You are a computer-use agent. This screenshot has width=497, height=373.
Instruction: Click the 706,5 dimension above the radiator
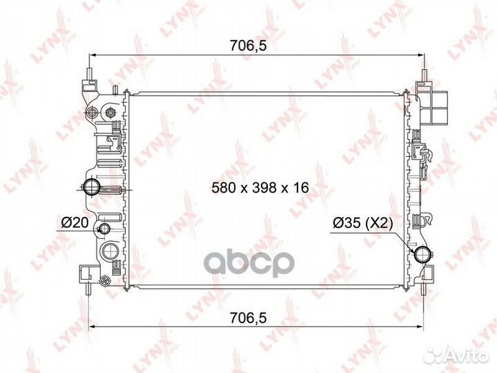point(248,46)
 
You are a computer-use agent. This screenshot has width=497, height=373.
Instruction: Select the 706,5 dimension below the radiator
point(248,318)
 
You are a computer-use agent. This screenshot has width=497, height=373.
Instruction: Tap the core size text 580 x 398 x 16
point(260,188)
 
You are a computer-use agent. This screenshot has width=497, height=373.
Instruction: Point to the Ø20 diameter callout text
point(75,222)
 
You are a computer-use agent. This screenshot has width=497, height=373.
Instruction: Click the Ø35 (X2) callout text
point(363,223)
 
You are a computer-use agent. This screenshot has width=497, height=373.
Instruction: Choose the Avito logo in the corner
point(456,355)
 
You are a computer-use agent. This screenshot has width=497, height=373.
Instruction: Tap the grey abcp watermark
point(248,263)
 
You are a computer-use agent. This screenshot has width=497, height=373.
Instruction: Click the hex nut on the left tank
point(110,112)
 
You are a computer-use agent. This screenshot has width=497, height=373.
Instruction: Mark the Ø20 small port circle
point(104,228)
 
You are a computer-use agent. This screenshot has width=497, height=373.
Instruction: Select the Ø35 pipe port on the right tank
point(423,254)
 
